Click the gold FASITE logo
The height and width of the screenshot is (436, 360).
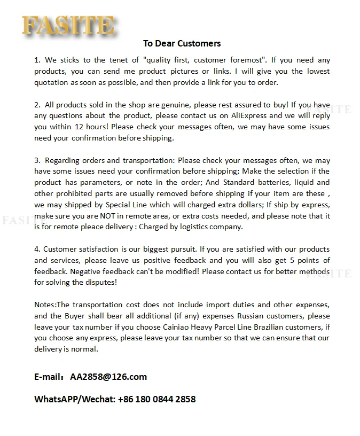click(68, 26)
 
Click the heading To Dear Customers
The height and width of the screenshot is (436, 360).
click(182, 43)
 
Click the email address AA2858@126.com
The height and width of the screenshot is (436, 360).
click(108, 377)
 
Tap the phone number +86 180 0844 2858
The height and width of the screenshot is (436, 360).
click(156, 399)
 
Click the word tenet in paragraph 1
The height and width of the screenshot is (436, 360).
click(124, 60)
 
